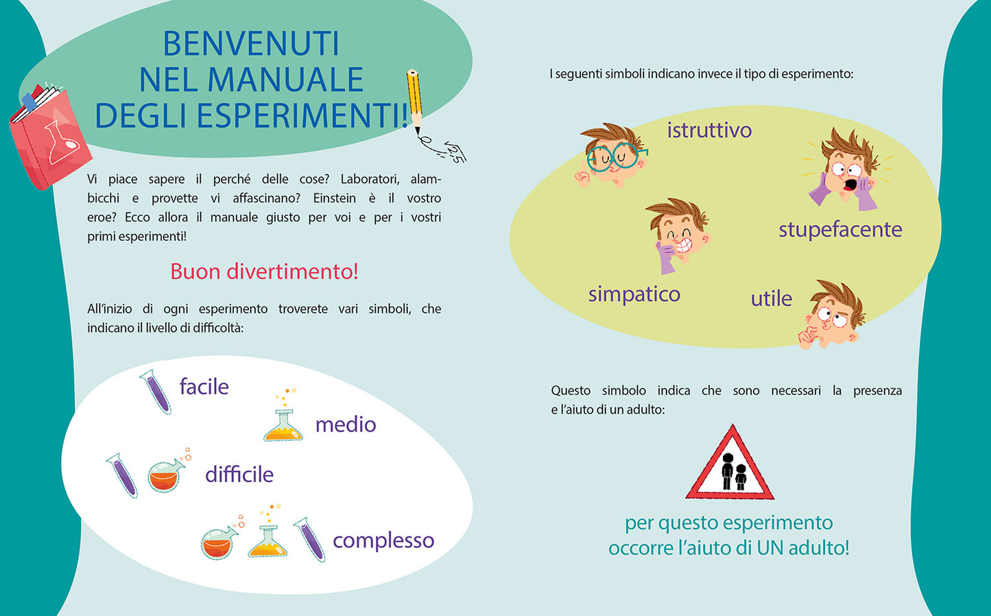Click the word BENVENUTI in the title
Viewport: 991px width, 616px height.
(251, 44)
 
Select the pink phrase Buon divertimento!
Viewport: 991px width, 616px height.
(264, 272)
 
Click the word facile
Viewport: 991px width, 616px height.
(204, 387)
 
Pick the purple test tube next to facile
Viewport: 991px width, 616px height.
(156, 391)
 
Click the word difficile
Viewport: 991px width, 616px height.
(239, 475)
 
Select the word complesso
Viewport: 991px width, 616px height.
(383, 541)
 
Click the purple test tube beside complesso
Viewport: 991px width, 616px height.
(309, 539)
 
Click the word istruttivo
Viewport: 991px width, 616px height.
(709, 130)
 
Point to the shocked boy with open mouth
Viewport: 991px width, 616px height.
(844, 171)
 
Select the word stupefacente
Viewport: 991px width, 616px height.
(840, 230)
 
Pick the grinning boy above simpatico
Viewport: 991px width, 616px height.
(678, 234)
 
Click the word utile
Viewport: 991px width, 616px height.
(771, 299)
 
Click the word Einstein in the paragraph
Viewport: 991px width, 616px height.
(334, 198)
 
